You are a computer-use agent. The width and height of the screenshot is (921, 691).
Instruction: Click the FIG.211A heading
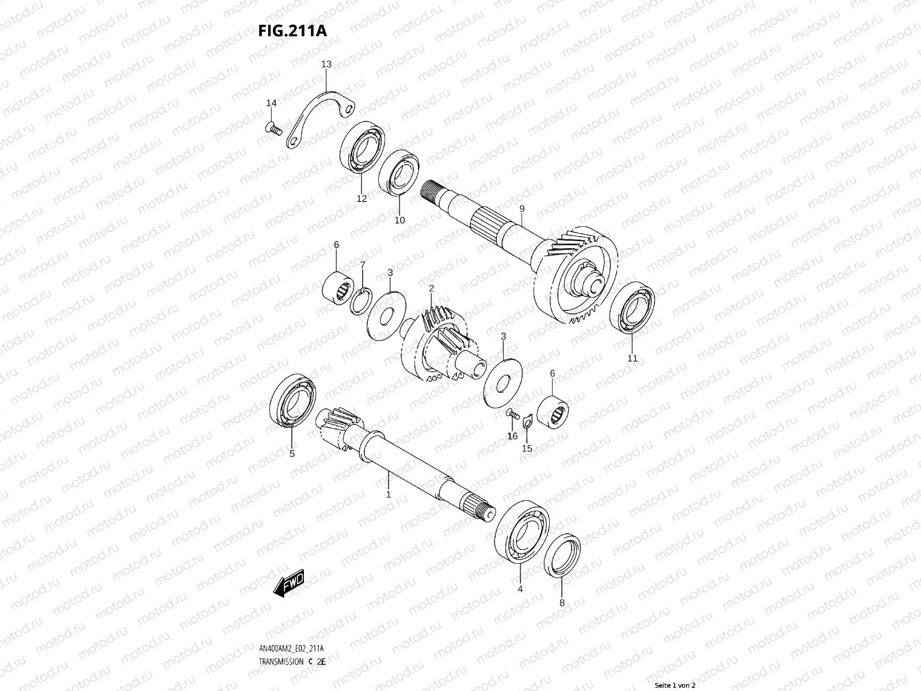point(292,31)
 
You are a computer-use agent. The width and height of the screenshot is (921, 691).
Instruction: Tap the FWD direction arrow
point(289,583)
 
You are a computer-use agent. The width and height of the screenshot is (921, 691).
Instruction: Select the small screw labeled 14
point(274,128)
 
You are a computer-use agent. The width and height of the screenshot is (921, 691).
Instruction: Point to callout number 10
point(399,220)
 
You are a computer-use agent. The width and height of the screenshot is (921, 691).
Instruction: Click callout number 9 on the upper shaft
point(522,208)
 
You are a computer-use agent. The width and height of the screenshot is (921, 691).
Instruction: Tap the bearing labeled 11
point(632,307)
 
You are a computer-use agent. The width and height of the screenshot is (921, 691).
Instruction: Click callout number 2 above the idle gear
point(431,288)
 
